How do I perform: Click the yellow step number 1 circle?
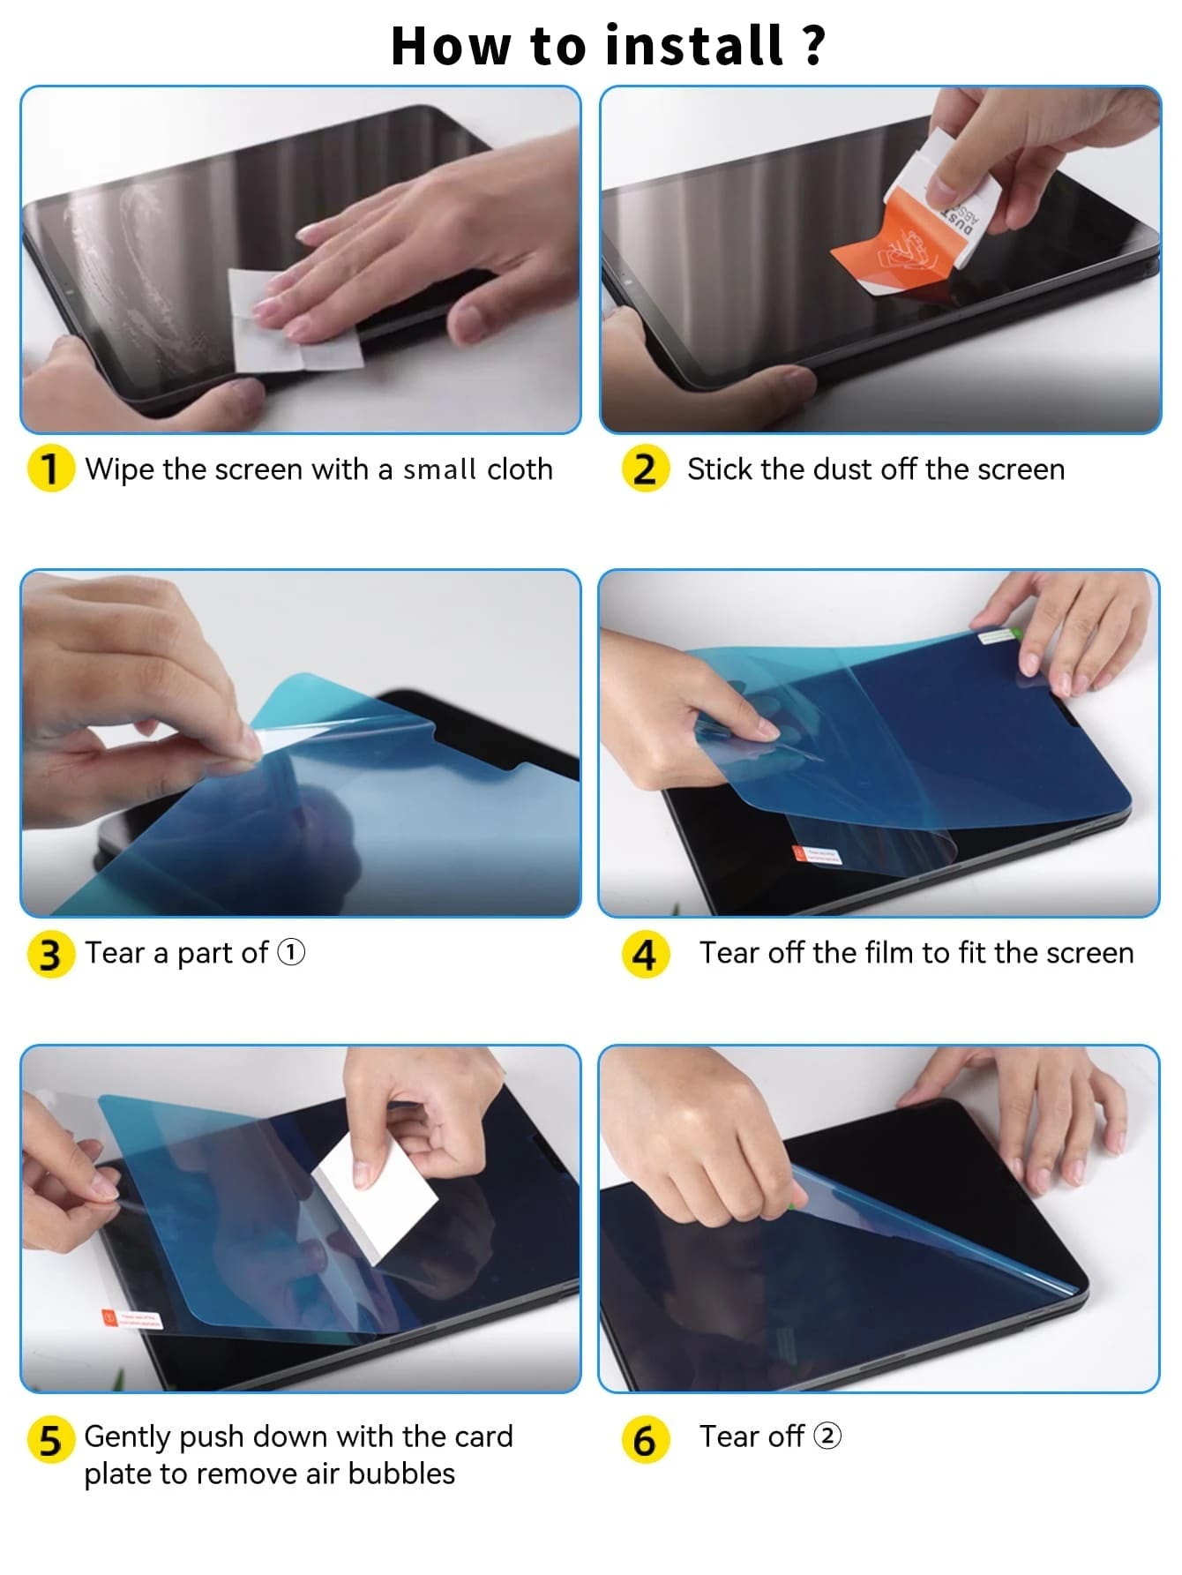(50, 469)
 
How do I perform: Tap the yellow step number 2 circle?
(646, 469)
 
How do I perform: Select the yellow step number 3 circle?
(50, 954)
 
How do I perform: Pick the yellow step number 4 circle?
(646, 954)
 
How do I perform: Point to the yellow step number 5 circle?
(50, 1440)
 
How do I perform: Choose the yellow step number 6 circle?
(646, 1440)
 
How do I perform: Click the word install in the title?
(695, 46)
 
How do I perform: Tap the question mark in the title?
(813, 46)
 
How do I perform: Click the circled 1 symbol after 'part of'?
(291, 953)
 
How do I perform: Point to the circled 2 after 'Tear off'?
(827, 1436)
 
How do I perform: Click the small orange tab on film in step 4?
(800, 853)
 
